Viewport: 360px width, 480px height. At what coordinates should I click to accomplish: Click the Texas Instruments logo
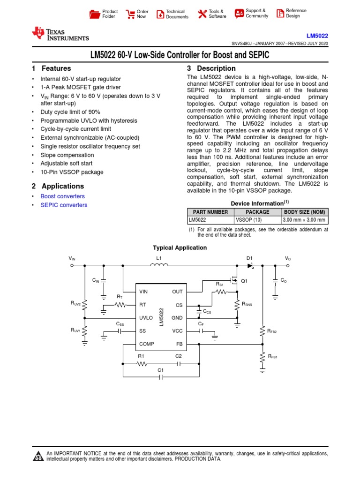[x=60, y=34]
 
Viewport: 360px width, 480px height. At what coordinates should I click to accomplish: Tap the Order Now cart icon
[x=130, y=14]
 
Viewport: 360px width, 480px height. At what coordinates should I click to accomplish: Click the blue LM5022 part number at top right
[x=317, y=36]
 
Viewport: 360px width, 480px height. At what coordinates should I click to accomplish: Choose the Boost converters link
[x=62, y=196]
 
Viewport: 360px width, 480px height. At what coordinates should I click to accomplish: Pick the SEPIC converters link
[x=64, y=205]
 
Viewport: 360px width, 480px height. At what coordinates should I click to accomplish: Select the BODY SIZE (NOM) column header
[x=304, y=212]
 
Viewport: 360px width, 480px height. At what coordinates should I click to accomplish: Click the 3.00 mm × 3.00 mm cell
[x=304, y=220]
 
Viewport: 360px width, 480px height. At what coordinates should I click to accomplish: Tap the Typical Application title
[x=180, y=247]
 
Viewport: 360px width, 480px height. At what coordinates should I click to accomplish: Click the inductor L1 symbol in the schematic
[x=159, y=265]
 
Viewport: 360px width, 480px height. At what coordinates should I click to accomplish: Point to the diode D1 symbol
[x=250, y=265]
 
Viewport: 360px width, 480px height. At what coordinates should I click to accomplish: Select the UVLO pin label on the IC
[x=146, y=318]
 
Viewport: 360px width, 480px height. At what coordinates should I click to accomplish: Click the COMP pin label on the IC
[x=147, y=344]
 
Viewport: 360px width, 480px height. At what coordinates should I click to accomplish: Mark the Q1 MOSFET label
[x=243, y=281]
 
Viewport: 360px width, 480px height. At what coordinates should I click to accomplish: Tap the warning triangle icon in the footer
[x=37, y=456]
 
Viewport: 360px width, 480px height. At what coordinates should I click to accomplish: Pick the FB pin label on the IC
[x=179, y=344]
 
